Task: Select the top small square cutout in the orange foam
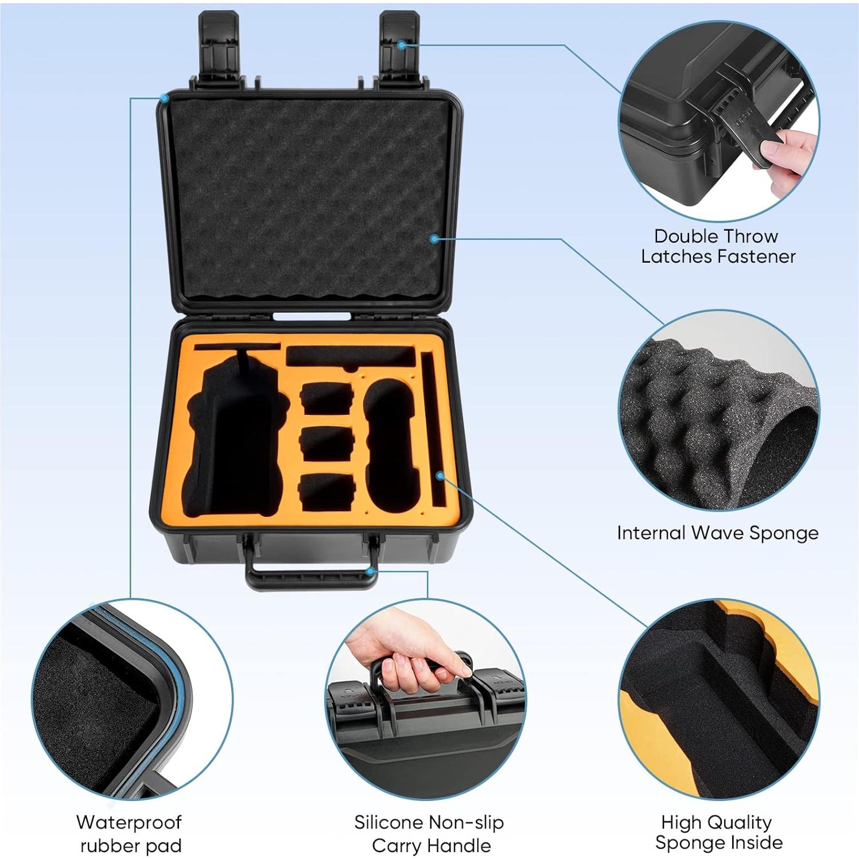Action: click(x=326, y=398)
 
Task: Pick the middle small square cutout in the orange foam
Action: click(x=326, y=444)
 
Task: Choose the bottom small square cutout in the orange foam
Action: click(x=326, y=492)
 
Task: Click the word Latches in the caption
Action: click(x=678, y=256)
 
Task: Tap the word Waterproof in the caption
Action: click(x=129, y=822)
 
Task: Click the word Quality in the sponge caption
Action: click(x=738, y=822)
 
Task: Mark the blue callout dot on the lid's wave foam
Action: click(x=434, y=238)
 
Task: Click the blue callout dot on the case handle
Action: click(x=371, y=571)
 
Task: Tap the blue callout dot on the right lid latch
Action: click(x=402, y=45)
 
